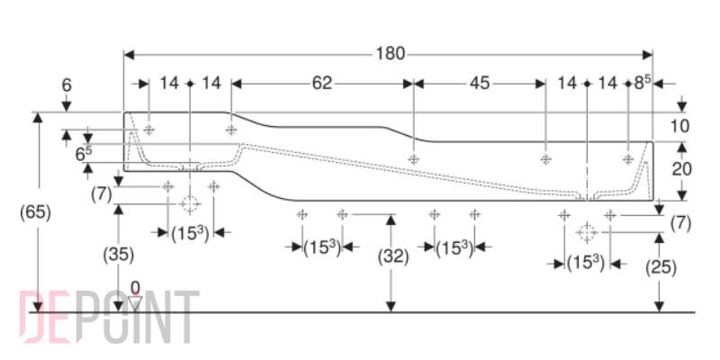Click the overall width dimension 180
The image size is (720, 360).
[x=391, y=54]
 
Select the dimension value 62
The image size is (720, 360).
[x=322, y=83]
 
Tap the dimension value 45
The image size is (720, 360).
[x=480, y=83]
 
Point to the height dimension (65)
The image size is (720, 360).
[x=35, y=212]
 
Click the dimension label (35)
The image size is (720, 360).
[x=119, y=256]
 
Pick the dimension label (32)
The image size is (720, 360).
[x=393, y=257]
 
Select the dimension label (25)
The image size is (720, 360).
[x=661, y=267]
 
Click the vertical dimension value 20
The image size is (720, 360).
[x=681, y=169]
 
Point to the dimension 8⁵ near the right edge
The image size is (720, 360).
[x=643, y=83]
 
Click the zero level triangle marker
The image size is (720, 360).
[x=135, y=303]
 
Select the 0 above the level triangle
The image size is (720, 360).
[x=135, y=287]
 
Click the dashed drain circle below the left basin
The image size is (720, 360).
[x=189, y=203]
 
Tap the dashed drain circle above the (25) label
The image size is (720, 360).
[x=587, y=232]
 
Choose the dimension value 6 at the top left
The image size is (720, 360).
[x=67, y=85]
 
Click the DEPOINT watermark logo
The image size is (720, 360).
[x=110, y=317]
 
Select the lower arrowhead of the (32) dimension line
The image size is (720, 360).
[x=391, y=306]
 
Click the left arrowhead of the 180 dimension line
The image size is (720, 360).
[x=130, y=55]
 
